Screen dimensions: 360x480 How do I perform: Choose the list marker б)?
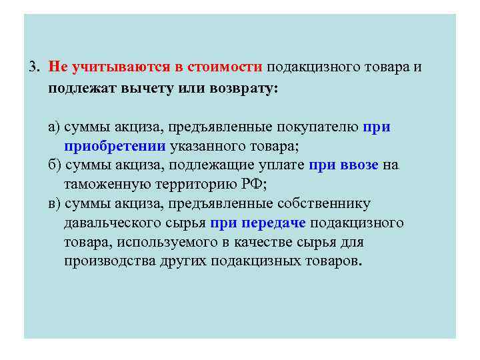pyautogui.click(x=55, y=165)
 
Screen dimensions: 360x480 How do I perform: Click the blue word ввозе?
pyautogui.click(x=358, y=165)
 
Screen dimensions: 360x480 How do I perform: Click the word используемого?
pyautogui.click(x=153, y=241)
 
